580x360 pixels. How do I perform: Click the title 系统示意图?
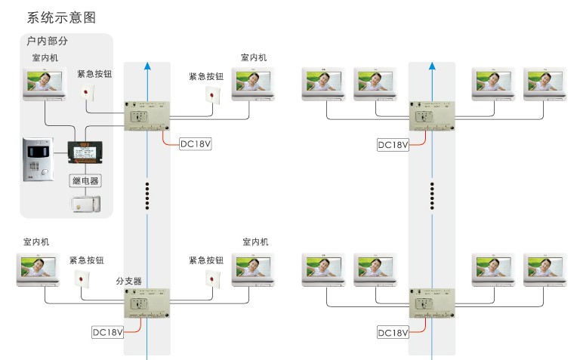[61, 17]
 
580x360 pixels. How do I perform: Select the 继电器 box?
[85, 180]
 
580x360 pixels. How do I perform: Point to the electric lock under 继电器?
[85, 204]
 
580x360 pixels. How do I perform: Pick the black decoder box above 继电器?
[85, 151]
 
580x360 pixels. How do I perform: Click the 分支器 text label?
[128, 280]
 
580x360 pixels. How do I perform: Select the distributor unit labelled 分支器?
[147, 306]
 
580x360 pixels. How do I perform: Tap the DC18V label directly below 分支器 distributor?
[107, 331]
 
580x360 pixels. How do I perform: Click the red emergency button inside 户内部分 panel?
[88, 94]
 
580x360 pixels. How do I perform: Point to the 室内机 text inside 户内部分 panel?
[44, 57]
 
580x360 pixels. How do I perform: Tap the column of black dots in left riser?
[147, 196]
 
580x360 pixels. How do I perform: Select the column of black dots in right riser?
[432, 196]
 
